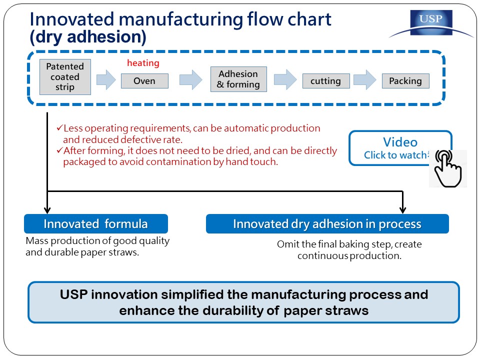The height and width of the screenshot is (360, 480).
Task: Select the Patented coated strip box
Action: [65, 77]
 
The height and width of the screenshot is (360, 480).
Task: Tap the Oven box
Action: [144, 81]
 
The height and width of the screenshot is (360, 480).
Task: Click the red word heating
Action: [143, 63]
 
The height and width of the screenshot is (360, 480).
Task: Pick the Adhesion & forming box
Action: [238, 79]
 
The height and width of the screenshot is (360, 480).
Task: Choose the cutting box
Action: [326, 81]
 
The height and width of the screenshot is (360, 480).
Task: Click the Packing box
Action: [405, 81]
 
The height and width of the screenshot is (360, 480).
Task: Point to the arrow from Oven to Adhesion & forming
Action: [190, 80]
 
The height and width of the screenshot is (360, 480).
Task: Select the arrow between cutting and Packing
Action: [365, 80]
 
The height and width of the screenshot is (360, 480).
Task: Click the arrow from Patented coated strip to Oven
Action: [106, 80]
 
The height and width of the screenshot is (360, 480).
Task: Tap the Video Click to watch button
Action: [400, 148]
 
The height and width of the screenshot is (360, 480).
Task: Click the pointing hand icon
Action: [447, 168]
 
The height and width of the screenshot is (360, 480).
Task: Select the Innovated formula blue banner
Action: [96, 224]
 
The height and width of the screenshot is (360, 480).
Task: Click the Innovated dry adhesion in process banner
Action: [327, 224]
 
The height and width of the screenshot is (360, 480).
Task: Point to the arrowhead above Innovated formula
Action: [47, 210]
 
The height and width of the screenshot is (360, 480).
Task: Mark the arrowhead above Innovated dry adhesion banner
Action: [403, 210]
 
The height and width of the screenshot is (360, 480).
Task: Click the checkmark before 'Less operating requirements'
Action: [59, 127]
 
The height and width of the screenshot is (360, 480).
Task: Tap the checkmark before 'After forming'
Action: [59, 150]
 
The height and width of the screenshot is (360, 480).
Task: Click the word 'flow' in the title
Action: [264, 19]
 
